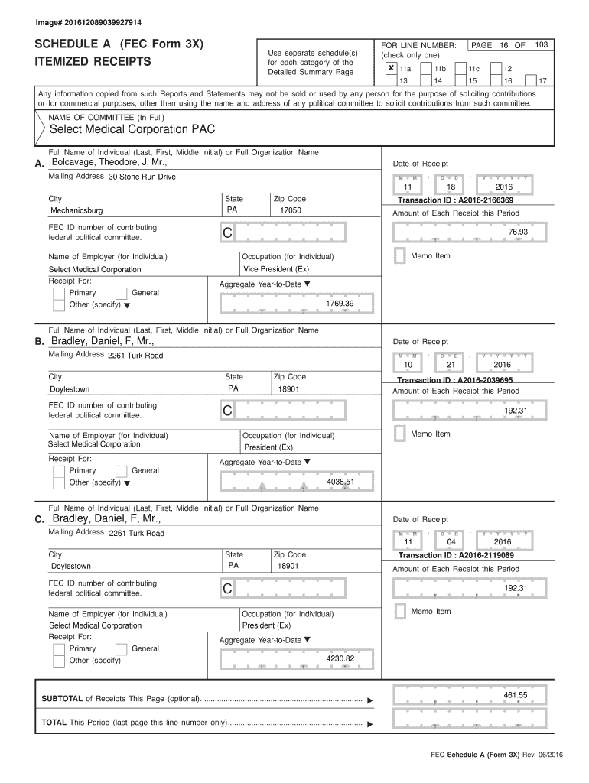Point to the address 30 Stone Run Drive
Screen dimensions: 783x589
tap(142, 177)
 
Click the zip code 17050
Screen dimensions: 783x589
tap(290, 210)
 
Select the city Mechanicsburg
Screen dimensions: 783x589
tap(76, 210)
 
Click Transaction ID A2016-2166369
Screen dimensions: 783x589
tap(456, 200)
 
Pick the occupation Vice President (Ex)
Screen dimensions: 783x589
tap(276, 269)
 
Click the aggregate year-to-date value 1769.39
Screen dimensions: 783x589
tap(340, 304)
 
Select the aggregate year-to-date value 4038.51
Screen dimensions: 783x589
tap(340, 482)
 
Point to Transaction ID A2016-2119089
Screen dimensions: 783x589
tap(456, 556)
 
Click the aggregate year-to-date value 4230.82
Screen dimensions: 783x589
tap(340, 658)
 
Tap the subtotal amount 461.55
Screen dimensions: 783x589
tap(515, 694)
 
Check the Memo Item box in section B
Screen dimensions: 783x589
tap(399, 434)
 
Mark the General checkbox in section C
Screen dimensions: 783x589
tap(121, 649)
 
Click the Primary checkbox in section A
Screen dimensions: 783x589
tap(58, 294)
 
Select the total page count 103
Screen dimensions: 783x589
tap(541, 45)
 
